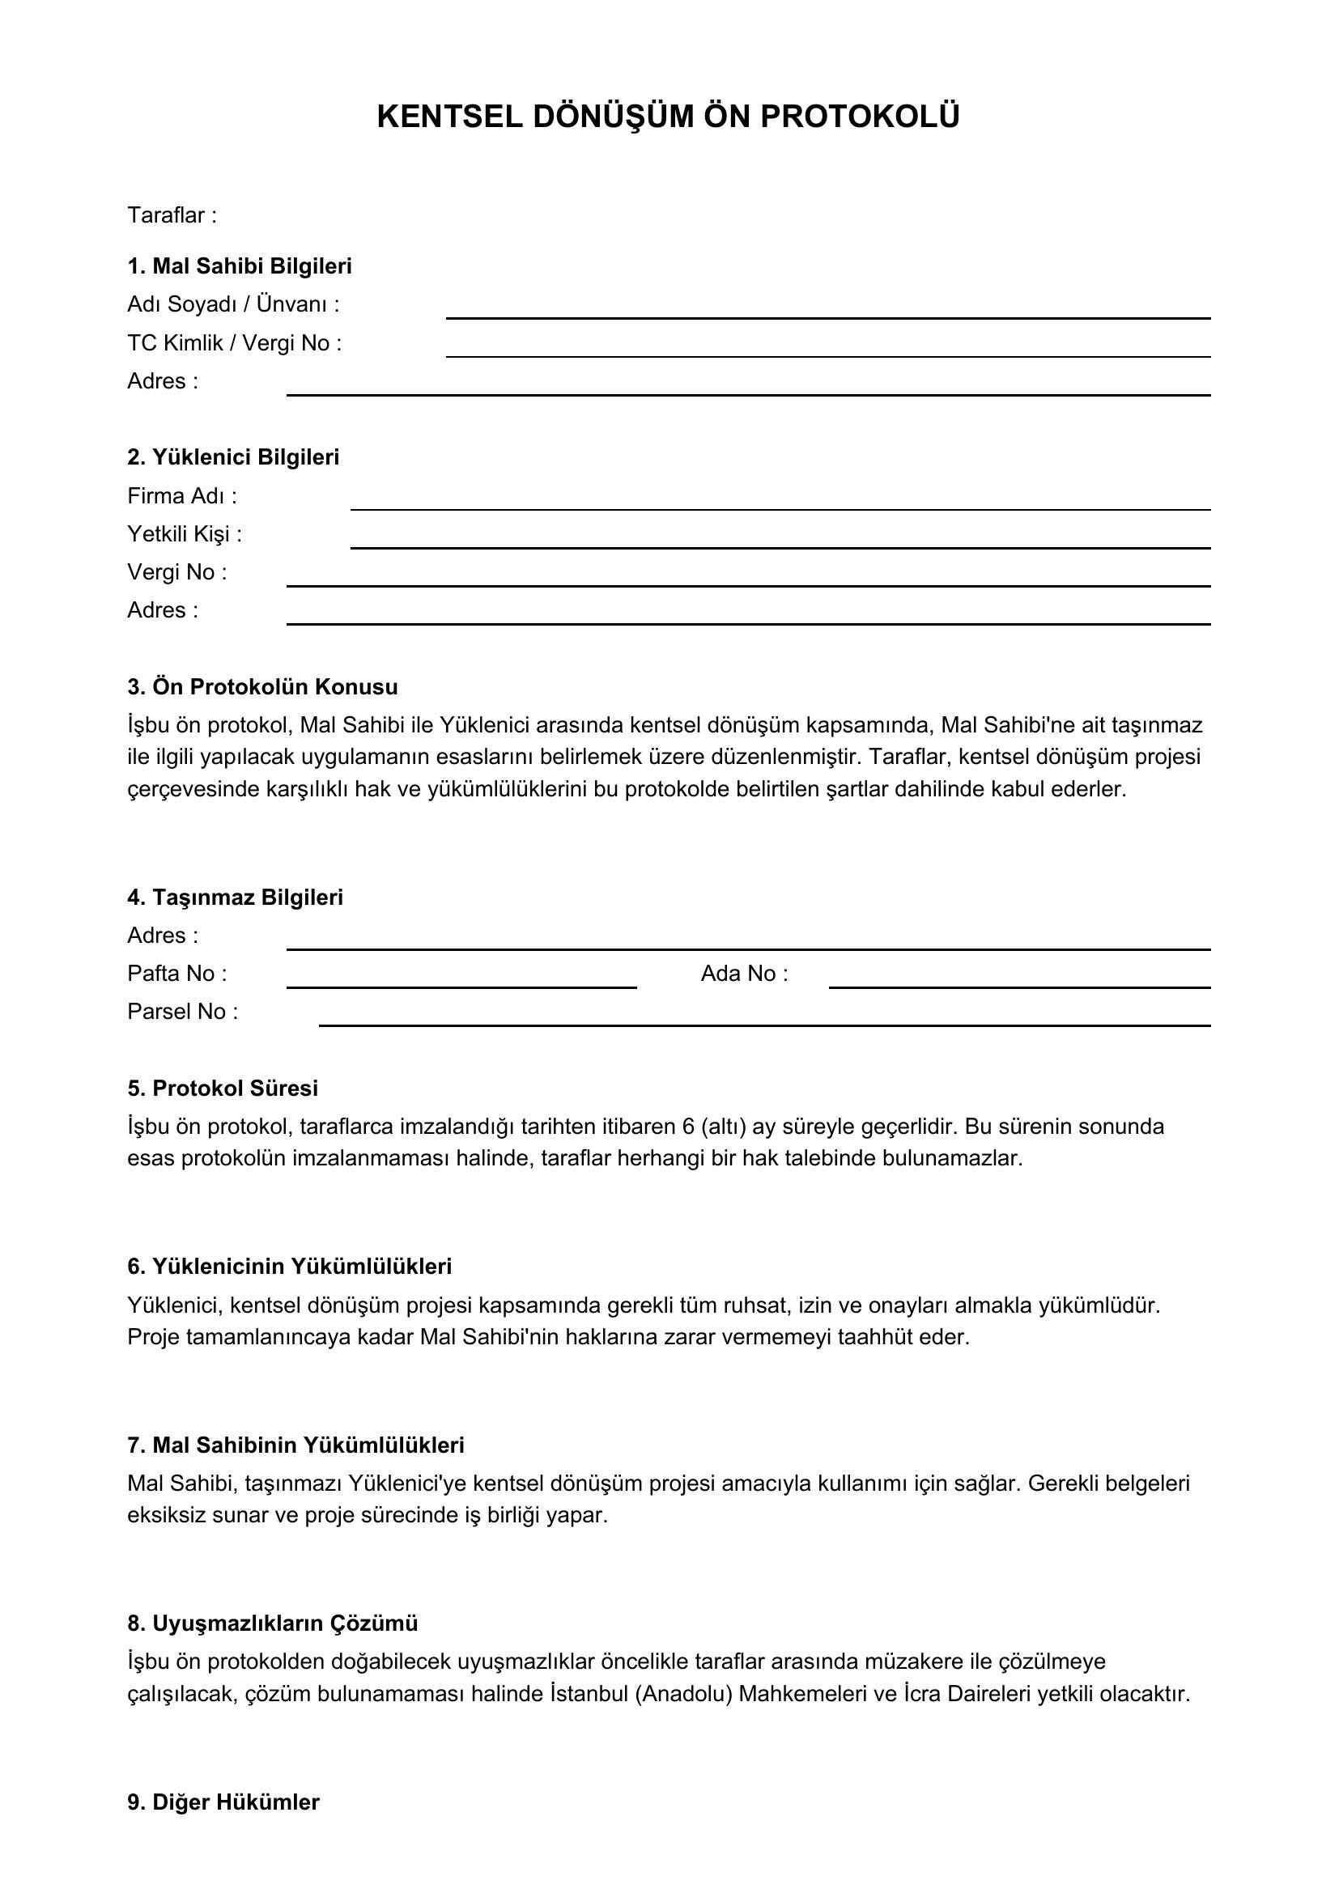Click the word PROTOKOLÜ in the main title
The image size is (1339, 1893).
click(x=859, y=117)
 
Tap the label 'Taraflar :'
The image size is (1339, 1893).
click(x=172, y=215)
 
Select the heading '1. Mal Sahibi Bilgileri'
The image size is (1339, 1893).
click(x=239, y=266)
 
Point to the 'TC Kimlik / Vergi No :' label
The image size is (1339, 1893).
click(x=234, y=343)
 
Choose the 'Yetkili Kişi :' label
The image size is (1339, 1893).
click(x=185, y=534)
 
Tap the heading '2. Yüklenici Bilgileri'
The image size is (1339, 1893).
click(x=233, y=457)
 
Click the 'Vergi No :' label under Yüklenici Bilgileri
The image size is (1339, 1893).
click(x=176, y=572)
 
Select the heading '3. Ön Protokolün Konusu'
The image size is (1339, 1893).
click(x=262, y=687)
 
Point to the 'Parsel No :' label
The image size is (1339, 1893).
click(x=182, y=1012)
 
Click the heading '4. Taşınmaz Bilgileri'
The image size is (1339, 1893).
click(x=235, y=897)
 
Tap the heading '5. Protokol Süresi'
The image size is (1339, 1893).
click(x=223, y=1089)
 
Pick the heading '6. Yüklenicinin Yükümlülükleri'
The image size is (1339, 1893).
click(x=289, y=1267)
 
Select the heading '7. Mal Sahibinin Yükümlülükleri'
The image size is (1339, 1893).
click(x=295, y=1445)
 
